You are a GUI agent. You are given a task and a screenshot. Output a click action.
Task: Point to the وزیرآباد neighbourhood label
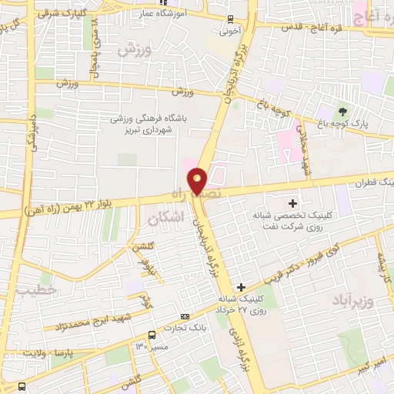click(353, 299)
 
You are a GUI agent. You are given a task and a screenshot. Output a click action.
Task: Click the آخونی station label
click(230, 33)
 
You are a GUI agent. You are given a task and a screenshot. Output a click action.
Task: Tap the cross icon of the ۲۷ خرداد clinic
click(242, 286)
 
